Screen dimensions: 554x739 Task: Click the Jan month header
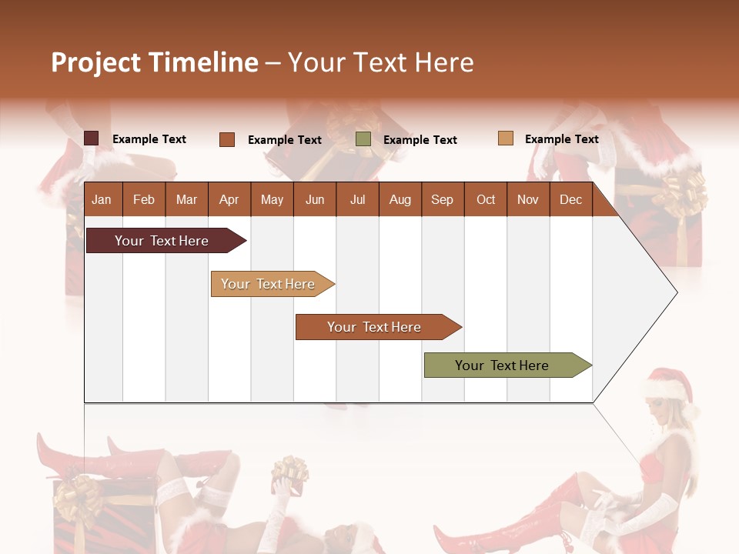click(102, 200)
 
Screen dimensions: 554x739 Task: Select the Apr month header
click(229, 200)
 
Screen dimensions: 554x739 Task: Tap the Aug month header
click(400, 200)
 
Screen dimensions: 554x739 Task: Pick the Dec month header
click(570, 200)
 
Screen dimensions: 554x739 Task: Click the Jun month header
click(314, 200)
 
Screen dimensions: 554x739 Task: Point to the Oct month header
click(485, 200)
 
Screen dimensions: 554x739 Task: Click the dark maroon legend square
click(91, 138)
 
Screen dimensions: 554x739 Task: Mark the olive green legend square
click(363, 139)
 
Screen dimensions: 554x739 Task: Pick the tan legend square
click(505, 138)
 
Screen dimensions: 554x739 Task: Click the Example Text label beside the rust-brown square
click(284, 140)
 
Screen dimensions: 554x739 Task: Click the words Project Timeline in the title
click(154, 62)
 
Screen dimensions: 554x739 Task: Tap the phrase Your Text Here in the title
click(380, 62)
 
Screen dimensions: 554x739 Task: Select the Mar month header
click(186, 200)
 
